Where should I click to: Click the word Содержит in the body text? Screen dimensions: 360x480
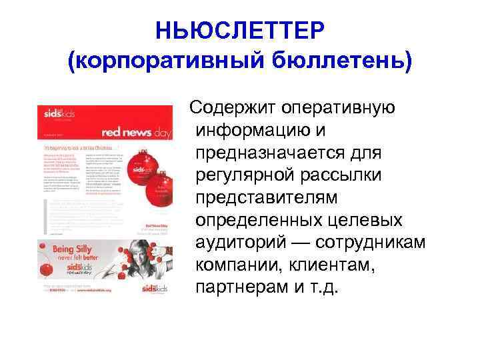232,107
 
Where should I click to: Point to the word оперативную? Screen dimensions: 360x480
339,107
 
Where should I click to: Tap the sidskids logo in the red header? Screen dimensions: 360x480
53,117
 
